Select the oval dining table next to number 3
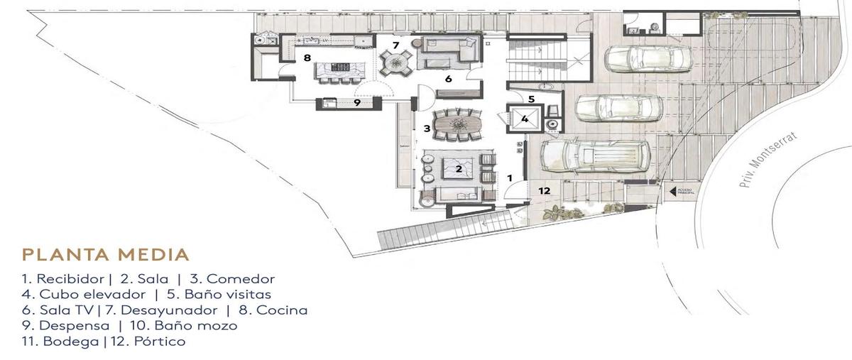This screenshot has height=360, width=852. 457,125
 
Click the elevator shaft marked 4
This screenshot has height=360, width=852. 524,120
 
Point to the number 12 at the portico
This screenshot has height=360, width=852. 545,190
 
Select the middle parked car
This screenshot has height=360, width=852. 618,107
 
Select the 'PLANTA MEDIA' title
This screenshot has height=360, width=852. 105,254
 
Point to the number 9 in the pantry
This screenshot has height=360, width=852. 357,102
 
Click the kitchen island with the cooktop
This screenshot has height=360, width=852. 339,70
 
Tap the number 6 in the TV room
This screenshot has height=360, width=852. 448,79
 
